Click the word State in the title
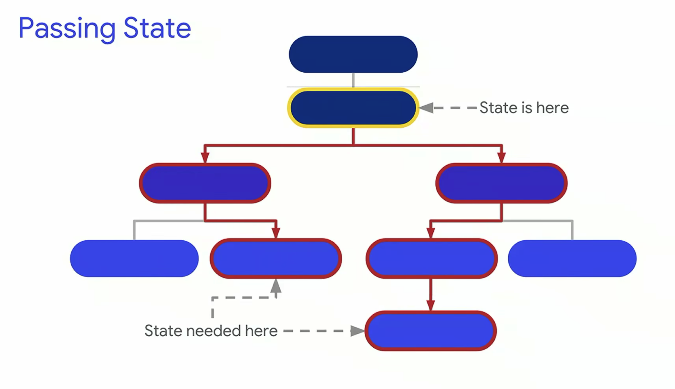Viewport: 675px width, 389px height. click(x=157, y=28)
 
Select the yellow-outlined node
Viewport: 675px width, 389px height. click(x=353, y=108)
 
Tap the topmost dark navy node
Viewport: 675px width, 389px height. click(x=353, y=54)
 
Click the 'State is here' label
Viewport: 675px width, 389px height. click(x=524, y=108)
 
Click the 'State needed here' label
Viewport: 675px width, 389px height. click(x=211, y=331)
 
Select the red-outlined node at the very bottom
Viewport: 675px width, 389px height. click(x=431, y=331)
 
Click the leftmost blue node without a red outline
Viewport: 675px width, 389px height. click(x=134, y=258)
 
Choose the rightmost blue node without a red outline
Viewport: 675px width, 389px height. click(x=572, y=258)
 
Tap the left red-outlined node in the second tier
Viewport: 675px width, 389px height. click(x=205, y=183)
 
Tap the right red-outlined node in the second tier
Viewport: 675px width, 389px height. click(x=501, y=183)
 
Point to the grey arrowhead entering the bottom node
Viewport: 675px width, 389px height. click(x=357, y=331)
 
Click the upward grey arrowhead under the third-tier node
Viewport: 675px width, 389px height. click(x=275, y=286)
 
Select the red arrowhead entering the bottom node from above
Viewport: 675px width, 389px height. click(x=431, y=305)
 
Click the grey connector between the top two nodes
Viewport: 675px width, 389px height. click(x=353, y=80)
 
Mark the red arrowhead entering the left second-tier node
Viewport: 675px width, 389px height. click(x=205, y=158)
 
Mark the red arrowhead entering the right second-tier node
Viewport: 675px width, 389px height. click(x=501, y=158)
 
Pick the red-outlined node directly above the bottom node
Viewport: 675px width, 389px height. click(x=431, y=258)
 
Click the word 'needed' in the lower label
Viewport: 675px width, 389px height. click(x=213, y=331)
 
